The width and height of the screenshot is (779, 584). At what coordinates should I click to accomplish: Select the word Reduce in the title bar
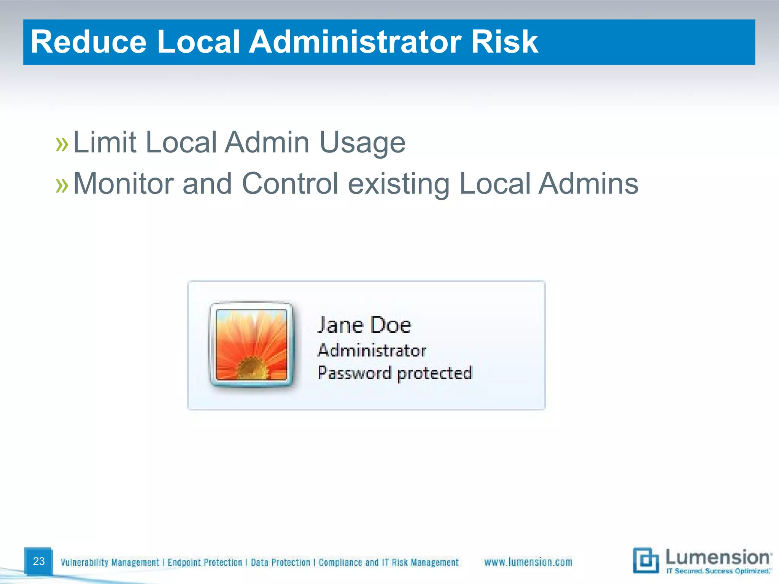tap(89, 42)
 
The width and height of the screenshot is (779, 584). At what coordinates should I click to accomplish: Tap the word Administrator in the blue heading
tap(355, 42)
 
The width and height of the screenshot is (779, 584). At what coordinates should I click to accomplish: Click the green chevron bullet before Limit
tap(62, 144)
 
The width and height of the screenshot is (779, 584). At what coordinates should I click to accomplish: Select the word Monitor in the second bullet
tap(123, 184)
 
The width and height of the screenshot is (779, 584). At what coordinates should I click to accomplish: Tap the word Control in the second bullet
tap(290, 184)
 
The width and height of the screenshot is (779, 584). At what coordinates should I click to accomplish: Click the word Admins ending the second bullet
tap(588, 184)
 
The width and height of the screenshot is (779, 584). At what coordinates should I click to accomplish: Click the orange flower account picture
tap(251, 344)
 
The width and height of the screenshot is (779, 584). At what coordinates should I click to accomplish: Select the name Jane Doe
tap(364, 325)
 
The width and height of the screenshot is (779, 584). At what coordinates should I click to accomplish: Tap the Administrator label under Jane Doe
tap(372, 351)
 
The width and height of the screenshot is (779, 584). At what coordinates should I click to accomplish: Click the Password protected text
tap(395, 373)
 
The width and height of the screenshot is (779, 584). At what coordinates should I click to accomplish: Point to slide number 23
tap(39, 561)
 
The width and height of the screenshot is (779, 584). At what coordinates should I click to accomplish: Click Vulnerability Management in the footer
tap(110, 562)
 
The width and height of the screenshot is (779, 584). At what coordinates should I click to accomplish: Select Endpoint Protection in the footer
tap(205, 562)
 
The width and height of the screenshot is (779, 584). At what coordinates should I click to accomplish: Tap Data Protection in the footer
tap(280, 562)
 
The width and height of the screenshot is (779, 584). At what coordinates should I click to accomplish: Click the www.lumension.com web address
tap(528, 562)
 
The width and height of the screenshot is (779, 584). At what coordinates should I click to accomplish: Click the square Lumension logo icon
tap(645, 560)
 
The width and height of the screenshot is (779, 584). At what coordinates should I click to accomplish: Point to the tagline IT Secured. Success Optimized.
tap(719, 571)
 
